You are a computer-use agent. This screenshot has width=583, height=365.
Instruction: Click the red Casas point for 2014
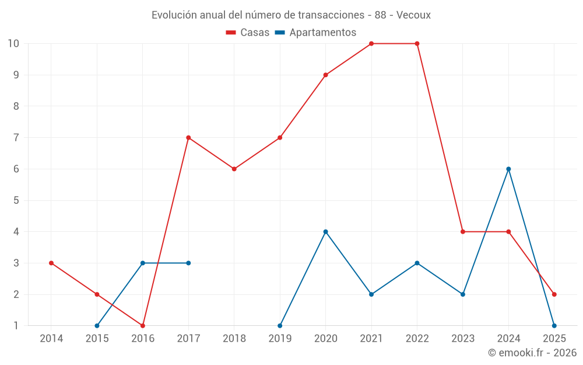click(x=51, y=263)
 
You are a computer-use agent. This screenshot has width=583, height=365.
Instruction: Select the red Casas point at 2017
click(x=188, y=138)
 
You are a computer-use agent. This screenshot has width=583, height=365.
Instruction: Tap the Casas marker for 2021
click(x=371, y=44)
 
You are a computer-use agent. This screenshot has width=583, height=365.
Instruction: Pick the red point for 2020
click(x=325, y=75)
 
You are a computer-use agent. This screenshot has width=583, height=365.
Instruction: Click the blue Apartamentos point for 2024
click(x=508, y=169)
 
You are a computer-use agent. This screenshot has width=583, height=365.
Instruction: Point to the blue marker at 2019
click(x=280, y=325)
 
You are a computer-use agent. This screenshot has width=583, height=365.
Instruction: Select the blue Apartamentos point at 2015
click(x=97, y=325)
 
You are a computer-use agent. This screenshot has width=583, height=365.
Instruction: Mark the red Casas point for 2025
click(x=554, y=294)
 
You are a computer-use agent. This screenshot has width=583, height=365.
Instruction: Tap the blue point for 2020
click(x=325, y=232)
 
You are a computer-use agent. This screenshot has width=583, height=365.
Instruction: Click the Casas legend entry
click(x=248, y=33)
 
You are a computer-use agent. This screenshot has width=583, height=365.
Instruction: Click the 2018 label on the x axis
click(x=234, y=339)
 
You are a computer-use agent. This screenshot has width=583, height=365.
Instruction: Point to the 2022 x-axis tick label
click(x=417, y=339)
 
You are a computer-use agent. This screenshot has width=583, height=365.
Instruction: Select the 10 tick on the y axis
click(x=13, y=44)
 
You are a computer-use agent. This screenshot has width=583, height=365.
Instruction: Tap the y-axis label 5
click(x=16, y=200)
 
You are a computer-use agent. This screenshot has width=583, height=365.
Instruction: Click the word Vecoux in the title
click(x=413, y=15)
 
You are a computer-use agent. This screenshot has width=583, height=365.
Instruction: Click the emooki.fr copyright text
click(x=532, y=353)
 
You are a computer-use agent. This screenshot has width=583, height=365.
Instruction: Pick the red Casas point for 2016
click(x=143, y=325)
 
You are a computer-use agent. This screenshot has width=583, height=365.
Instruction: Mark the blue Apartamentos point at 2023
click(x=463, y=294)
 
